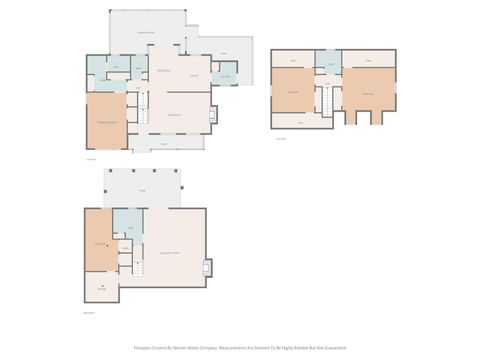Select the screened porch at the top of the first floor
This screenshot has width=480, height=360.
tap(147, 31)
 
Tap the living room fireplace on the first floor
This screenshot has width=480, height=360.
tap(211, 114)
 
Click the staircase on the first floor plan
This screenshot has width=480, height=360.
tap(142, 110)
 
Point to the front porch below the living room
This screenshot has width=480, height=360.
tap(165, 144)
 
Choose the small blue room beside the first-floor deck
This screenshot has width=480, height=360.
tap(225, 77)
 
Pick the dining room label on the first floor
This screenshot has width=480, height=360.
tap(164, 71)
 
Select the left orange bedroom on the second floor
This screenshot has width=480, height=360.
tap(293, 92)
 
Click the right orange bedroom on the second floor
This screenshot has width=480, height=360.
tap(368, 93)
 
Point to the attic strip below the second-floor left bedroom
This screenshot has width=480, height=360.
tap(301, 123)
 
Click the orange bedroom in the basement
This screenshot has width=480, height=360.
tap(99, 243)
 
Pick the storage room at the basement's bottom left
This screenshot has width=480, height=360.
tap(101, 288)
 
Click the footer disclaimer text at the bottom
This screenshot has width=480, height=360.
tap(239, 349)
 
